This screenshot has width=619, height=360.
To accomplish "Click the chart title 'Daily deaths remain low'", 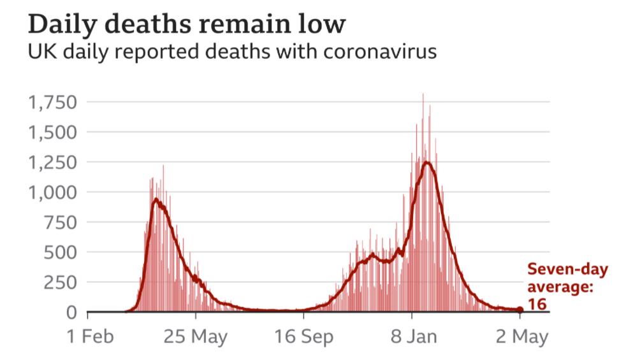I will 187,25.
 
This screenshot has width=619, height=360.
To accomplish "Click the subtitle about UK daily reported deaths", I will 232,52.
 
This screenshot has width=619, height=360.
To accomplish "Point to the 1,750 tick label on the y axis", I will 53,102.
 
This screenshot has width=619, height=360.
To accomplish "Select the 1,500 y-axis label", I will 53,132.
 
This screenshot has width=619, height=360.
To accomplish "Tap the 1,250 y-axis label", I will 53,162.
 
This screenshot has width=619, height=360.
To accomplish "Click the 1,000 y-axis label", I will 53,192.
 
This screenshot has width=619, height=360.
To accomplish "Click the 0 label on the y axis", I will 71,312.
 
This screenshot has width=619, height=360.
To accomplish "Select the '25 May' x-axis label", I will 195,336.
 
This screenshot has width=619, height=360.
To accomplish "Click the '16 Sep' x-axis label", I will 303,336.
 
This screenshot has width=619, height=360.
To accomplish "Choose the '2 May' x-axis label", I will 521,336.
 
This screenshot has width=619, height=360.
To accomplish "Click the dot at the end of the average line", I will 520,310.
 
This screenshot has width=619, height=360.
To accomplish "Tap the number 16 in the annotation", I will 537,304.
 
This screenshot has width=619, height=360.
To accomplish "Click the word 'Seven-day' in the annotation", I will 567,271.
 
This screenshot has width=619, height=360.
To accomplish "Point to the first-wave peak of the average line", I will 155,200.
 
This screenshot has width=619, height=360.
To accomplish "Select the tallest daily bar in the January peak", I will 423,95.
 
